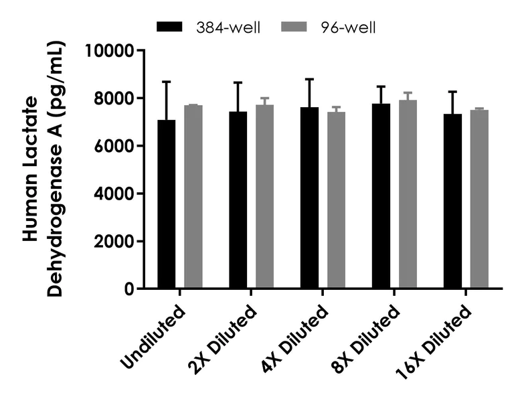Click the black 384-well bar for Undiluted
click(x=167, y=204)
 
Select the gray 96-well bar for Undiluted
click(x=193, y=197)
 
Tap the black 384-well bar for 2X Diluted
click(x=238, y=200)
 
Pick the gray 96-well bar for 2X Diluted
click(x=265, y=197)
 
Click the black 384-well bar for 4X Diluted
click(x=310, y=198)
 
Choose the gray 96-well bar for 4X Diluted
click(x=337, y=200)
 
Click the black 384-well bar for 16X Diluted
click(x=452, y=201)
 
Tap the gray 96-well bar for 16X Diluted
click(x=479, y=199)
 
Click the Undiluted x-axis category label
click(x=155, y=339)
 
